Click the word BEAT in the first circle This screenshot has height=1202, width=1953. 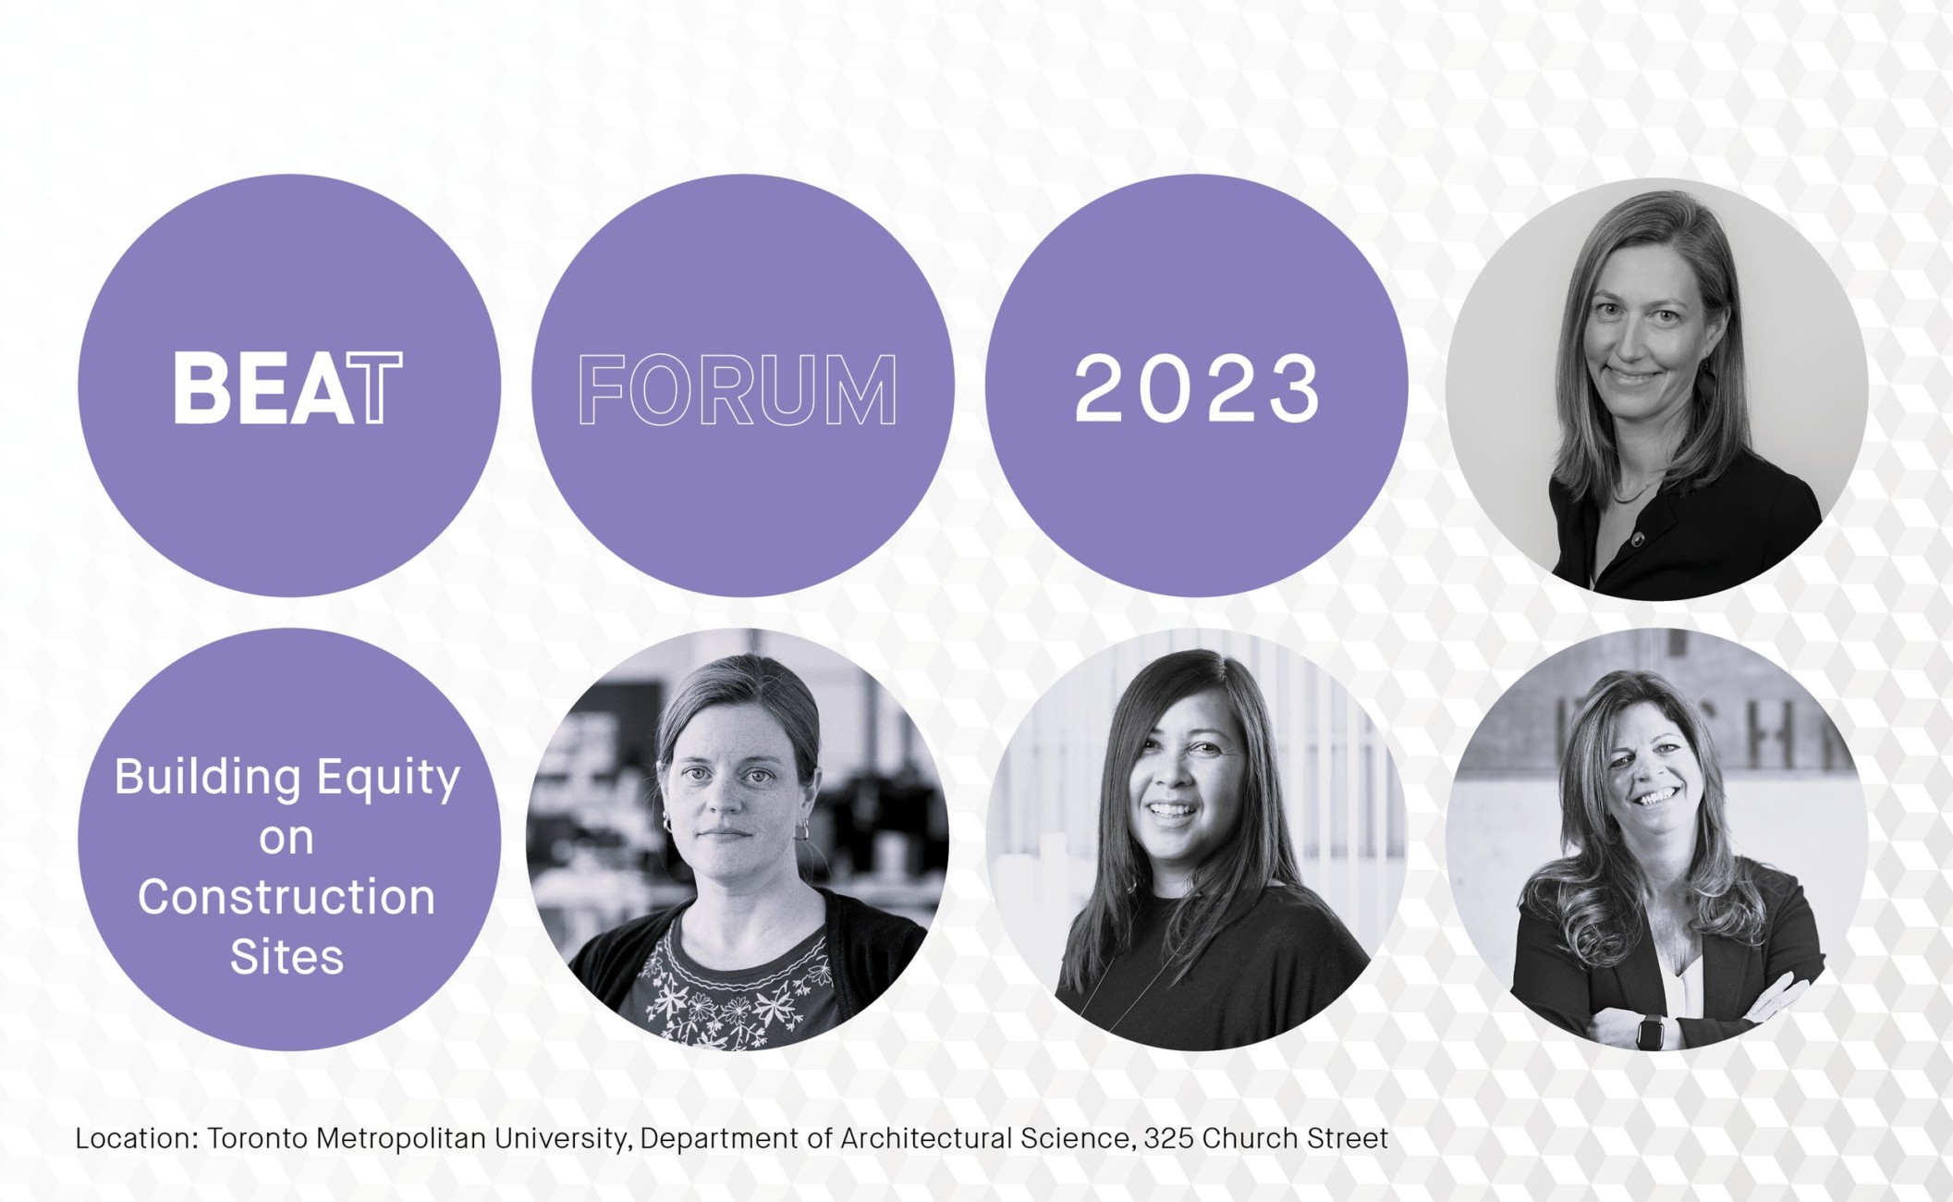coord(287,387)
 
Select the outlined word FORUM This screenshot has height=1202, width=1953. coord(738,390)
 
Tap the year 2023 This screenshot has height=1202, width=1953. coord(1197,389)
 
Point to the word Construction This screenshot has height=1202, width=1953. coord(287,897)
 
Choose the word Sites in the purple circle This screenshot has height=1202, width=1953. coord(287,957)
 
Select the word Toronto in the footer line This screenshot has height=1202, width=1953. coord(257,1138)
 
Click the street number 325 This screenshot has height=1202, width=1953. coord(1168,1138)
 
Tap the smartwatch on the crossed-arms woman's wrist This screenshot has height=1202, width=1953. coord(1650,1031)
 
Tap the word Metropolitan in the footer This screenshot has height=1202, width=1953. coord(401,1139)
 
